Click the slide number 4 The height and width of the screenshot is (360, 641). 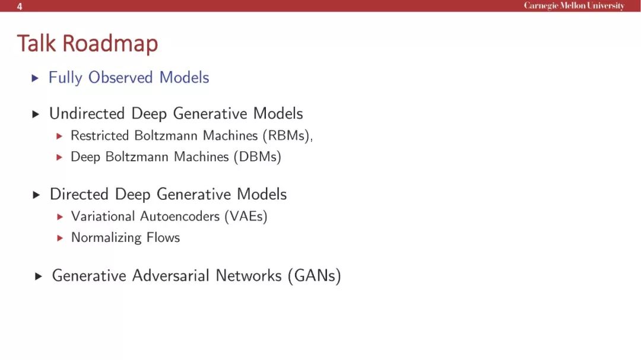tap(19, 7)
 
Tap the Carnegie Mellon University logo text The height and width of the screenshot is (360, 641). tap(574, 6)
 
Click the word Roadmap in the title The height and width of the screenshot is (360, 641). tap(110, 44)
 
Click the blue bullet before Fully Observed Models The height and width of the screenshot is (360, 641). tap(35, 78)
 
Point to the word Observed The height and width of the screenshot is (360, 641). tap(120, 77)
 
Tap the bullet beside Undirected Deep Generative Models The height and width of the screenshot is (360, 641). tap(36, 114)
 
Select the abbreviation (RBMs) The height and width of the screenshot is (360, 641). tap(286, 136)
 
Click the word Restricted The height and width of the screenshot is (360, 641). tap(100, 135)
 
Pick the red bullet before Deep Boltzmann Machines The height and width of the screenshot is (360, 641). tap(59, 157)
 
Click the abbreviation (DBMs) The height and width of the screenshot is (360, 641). tap(258, 157)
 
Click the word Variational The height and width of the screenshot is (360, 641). tap(103, 216)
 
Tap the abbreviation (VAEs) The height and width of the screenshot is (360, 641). tap(246, 216)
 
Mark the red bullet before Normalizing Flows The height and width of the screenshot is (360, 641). tap(60, 238)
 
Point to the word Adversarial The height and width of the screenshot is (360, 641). tap(171, 275)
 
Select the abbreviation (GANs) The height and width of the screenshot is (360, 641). tap(315, 275)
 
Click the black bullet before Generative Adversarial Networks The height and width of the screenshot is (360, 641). tap(39, 276)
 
